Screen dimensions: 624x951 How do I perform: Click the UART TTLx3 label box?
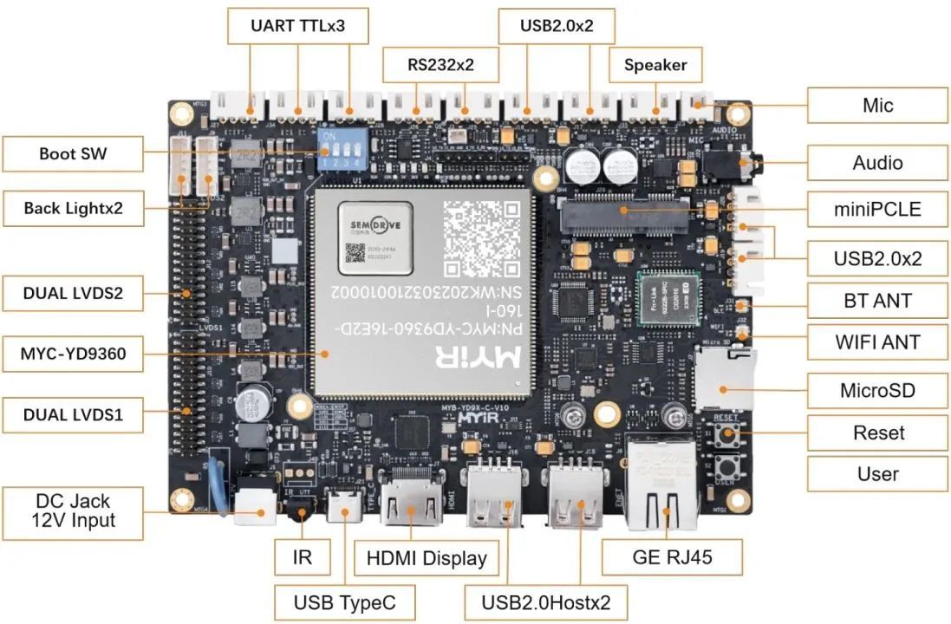click(297, 26)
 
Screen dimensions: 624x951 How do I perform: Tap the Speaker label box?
click(655, 64)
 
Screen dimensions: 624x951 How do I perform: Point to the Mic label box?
click(877, 106)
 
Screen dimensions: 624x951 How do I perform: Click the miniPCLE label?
click(877, 209)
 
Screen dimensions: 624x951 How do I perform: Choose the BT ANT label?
click(877, 301)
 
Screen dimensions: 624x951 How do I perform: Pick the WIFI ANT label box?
click(877, 342)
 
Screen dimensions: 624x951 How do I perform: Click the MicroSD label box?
click(877, 390)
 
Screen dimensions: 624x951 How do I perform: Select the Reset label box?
click(877, 432)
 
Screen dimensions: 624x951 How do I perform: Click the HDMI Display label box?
click(427, 557)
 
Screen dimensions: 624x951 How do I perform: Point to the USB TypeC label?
click(342, 601)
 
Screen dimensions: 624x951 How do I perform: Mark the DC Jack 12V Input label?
click(73, 511)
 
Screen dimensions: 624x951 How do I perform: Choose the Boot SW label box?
click(72, 154)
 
